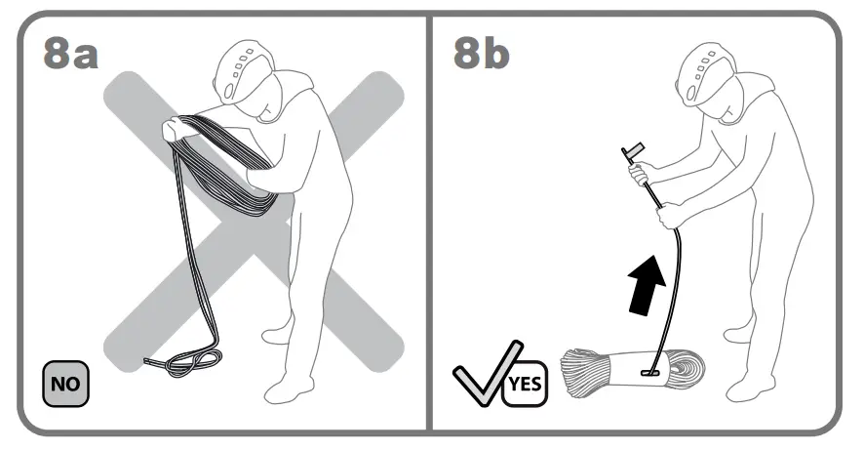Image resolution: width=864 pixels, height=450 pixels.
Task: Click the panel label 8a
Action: [x=70, y=54]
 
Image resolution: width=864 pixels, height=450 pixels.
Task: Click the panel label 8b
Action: [x=481, y=54]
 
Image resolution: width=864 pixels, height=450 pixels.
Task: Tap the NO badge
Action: [x=65, y=383]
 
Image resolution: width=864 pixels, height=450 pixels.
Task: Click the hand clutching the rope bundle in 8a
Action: [x=177, y=127]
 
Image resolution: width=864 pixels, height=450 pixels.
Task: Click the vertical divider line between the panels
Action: [x=430, y=225]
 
